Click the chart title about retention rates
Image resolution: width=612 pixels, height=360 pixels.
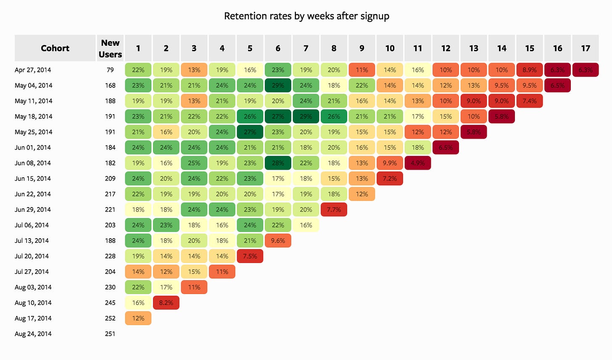coord(306,16)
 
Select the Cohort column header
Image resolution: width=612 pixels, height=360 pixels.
coord(55,48)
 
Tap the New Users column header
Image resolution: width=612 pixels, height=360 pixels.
coord(110,48)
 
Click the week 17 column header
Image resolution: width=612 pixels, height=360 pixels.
coord(586,48)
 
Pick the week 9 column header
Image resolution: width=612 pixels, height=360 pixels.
coord(362,48)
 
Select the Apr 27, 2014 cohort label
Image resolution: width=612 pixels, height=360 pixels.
coord(33,70)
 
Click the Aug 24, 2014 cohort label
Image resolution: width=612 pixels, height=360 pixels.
coord(33,334)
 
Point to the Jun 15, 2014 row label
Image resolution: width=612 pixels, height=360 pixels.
coord(33,179)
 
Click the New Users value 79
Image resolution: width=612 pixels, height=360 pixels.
coord(110,70)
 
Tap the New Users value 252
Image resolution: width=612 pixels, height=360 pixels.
coord(110,318)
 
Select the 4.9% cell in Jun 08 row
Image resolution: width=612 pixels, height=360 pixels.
coord(418,163)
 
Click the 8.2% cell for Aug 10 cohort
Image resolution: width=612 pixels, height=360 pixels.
coord(166,303)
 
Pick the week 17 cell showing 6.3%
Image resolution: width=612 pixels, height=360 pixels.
coord(586,70)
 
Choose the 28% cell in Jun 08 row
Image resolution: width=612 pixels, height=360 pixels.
coord(278,163)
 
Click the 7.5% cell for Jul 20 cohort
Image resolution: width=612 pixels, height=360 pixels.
coord(250,256)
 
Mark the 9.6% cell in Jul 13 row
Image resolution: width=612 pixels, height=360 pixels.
coord(278,241)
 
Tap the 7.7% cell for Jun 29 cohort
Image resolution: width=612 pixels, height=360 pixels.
coord(334,210)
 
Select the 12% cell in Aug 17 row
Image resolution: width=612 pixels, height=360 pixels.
coord(138,318)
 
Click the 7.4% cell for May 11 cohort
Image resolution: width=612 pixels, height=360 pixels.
coord(530,101)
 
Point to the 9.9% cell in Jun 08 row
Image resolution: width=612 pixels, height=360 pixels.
coord(390,163)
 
